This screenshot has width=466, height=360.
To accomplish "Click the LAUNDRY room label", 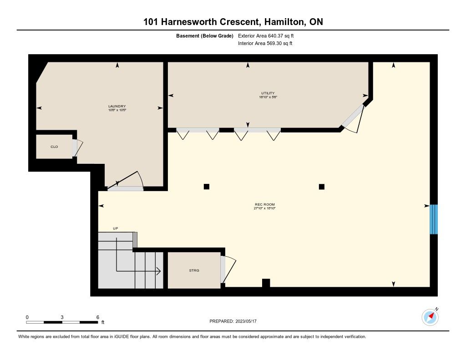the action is pyautogui.click(x=117, y=106).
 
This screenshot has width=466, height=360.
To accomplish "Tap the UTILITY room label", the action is pyautogui.click(x=268, y=93).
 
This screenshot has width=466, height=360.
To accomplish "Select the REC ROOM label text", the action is pyautogui.click(x=265, y=204).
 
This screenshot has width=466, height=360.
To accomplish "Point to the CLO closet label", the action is pyautogui.click(x=54, y=147).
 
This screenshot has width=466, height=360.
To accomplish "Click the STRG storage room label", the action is pyautogui.click(x=194, y=270).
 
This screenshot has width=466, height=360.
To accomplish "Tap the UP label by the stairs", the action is pyautogui.click(x=116, y=228).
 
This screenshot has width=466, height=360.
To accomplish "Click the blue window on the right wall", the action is pyautogui.click(x=434, y=219).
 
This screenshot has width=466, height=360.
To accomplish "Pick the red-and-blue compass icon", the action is pyautogui.click(x=430, y=317).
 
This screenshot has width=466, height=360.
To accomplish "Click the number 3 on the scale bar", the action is pyautogui.click(x=62, y=317).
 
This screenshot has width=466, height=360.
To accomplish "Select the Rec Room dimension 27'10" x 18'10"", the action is pyautogui.click(x=264, y=208).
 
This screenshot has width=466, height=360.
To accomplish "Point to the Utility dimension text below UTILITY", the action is pyautogui.click(x=268, y=97).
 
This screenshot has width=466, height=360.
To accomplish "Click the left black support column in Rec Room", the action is pyautogui.click(x=207, y=187).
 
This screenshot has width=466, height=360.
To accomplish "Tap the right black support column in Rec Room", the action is pyautogui.click(x=322, y=187).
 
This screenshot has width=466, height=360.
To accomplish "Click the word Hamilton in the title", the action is pyautogui.click(x=284, y=22).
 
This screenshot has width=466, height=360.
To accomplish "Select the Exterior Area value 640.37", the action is pyautogui.click(x=275, y=35).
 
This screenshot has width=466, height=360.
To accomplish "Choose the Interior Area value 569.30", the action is pyautogui.click(x=274, y=43).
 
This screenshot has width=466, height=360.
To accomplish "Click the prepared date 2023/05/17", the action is pyautogui.click(x=246, y=321).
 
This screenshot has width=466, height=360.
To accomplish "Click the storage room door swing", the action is pyautogui.click(x=228, y=269).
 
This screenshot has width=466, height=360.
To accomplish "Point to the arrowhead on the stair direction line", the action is pyautogui.click(x=159, y=271).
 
